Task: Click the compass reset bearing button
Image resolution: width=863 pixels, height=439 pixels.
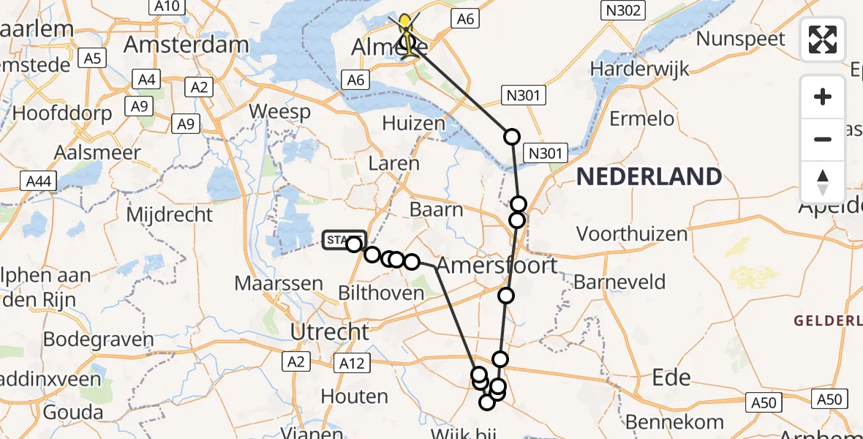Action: [x=823, y=181]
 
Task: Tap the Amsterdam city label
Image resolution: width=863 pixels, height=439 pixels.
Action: [x=186, y=45]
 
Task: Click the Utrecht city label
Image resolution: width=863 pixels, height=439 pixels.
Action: [x=330, y=331]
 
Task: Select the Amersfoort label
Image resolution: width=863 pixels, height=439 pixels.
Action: [x=497, y=265]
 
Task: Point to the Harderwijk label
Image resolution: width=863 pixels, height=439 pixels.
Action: [x=640, y=70]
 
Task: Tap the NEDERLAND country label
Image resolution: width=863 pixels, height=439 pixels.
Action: [x=649, y=176]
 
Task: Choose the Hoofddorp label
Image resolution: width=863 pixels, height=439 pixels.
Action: [x=62, y=113]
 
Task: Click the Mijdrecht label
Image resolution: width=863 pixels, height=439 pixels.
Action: [x=170, y=215]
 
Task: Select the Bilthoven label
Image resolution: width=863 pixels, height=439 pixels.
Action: [x=381, y=293]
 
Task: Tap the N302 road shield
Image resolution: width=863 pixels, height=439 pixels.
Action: [x=623, y=10]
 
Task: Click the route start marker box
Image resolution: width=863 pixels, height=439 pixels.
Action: [x=344, y=240]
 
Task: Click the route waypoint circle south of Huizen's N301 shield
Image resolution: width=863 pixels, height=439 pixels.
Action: [x=511, y=136]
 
